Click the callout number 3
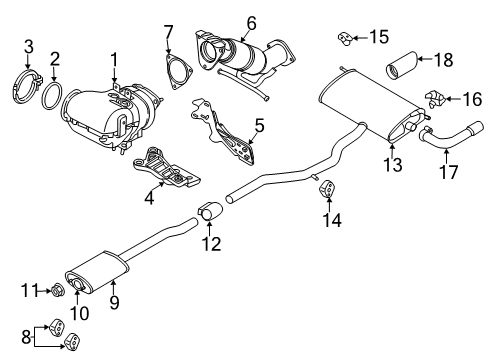pos(29,47)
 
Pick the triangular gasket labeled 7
pos(179,72)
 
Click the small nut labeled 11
pos(56,290)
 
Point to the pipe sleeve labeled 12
pos(211,211)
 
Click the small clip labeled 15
pos(345,38)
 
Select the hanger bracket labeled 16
pos(435,98)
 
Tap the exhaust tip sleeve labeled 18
pos(402,66)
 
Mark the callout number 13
pos(393,164)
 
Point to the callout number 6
pos(252,23)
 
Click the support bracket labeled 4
pos(166,167)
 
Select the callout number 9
pos(114,303)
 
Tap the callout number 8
pos(26,337)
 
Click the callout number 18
pos(444,60)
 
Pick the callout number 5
pos(260,126)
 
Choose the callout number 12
pos(211,244)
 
